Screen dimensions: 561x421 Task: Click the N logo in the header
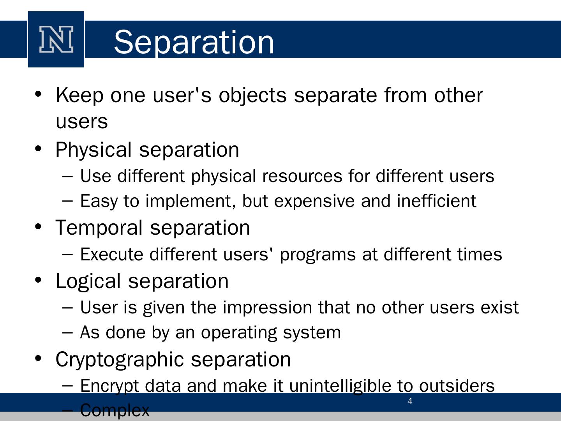tap(56, 39)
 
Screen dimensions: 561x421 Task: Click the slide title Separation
tap(194, 42)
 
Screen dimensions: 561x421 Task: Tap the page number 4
tap(410, 401)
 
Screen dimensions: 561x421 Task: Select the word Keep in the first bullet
tap(79, 96)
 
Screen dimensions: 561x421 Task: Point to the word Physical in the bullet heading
tap(93, 150)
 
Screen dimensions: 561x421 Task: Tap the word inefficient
tap(437, 201)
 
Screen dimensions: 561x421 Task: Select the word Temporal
tap(99, 228)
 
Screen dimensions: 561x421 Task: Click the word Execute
tap(112, 254)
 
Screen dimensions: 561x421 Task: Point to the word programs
tap(318, 255)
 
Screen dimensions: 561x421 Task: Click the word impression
tap(267, 308)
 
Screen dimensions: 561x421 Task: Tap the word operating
tap(239, 333)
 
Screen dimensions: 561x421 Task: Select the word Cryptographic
tap(120, 360)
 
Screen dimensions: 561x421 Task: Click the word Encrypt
tap(109, 386)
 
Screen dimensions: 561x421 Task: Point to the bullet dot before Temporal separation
tap(38, 226)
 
